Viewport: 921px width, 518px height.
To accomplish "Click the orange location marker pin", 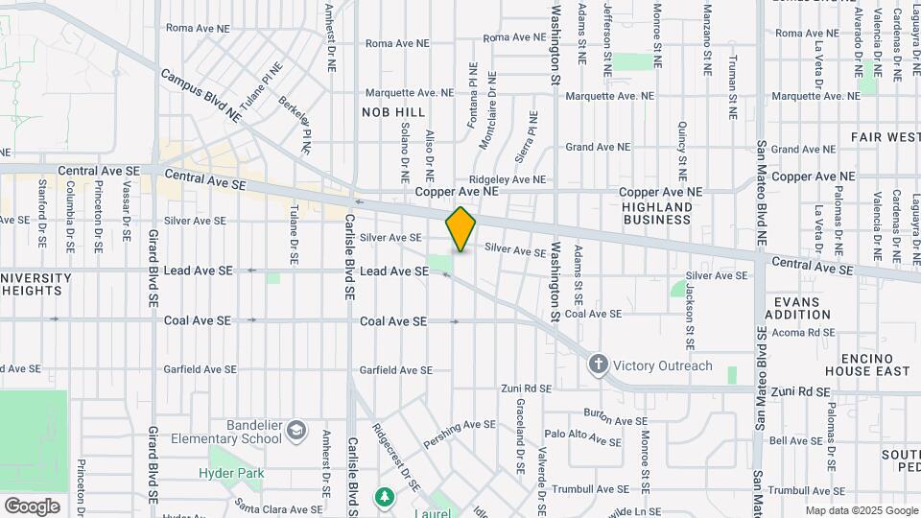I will (x=460, y=228).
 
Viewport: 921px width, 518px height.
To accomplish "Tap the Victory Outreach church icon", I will (x=599, y=365).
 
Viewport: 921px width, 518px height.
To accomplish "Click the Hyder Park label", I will (x=230, y=473).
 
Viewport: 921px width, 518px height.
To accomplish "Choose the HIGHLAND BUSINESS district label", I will (x=657, y=213).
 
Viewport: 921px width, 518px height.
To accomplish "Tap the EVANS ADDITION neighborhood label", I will (x=798, y=308).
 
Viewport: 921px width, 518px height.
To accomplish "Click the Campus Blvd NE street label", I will (x=201, y=94).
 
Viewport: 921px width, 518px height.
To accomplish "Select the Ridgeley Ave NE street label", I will (x=508, y=179).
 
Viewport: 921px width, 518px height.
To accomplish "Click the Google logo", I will (x=32, y=506).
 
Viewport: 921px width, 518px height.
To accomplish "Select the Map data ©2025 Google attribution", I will (x=862, y=511).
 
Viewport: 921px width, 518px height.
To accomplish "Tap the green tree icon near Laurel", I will (x=385, y=496).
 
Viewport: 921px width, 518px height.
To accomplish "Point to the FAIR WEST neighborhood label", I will (x=885, y=137).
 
